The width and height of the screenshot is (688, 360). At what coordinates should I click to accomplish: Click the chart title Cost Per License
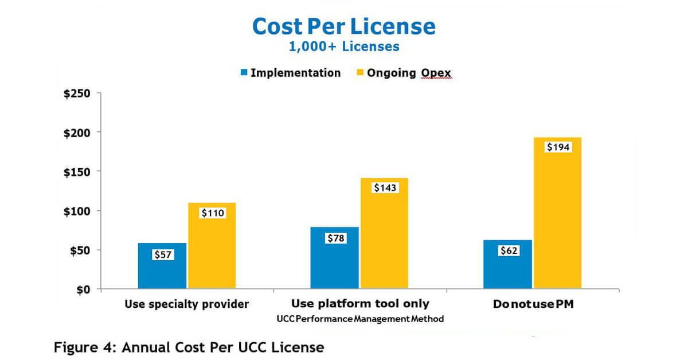(x=344, y=26)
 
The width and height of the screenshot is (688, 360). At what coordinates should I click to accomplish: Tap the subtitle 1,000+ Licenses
(x=344, y=47)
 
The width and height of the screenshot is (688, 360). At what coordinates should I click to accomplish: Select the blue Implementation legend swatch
(x=244, y=73)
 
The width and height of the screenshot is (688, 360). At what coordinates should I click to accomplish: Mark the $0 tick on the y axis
(x=85, y=289)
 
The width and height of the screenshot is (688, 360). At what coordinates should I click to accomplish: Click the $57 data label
(x=163, y=255)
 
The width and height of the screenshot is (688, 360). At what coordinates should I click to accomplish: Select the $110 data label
(x=213, y=213)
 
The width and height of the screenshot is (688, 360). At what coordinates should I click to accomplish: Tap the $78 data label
(x=335, y=238)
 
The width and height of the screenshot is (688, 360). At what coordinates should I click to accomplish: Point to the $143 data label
(x=385, y=187)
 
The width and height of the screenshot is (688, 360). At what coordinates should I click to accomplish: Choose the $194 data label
(x=558, y=147)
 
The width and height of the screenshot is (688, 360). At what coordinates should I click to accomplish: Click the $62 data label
(x=508, y=251)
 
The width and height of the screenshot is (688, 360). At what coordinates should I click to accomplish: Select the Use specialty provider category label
(x=187, y=304)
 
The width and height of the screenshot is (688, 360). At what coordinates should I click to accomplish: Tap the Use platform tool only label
(x=360, y=304)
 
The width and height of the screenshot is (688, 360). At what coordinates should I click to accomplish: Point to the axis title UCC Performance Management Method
(x=360, y=319)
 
